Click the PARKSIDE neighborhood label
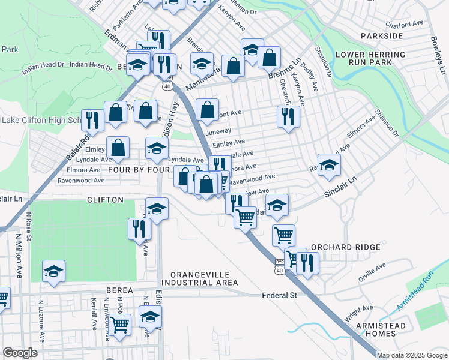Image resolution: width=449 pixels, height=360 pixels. click(382, 36)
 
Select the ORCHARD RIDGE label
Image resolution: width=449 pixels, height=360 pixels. click(345, 247)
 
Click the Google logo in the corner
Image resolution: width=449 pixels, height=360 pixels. click(20, 353)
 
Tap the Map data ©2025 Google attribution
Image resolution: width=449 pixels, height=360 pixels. click(412, 355)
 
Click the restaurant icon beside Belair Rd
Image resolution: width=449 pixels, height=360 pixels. click(92, 119)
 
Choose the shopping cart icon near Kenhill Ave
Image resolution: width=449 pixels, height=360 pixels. click(120, 325)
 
